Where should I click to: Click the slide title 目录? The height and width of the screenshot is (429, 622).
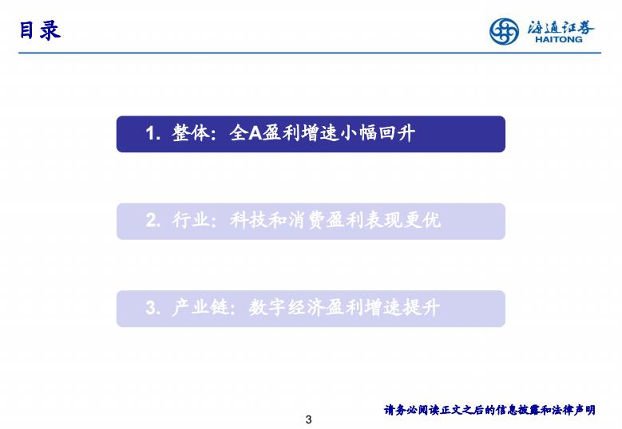pos(40,30)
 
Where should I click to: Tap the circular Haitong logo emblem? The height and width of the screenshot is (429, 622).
pos(504,31)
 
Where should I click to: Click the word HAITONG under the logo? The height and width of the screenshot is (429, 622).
pos(559,39)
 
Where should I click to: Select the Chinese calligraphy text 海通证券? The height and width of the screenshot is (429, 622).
pos(561,27)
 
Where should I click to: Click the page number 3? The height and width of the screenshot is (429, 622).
pos(309,419)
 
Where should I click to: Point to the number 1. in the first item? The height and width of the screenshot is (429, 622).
pos(153,133)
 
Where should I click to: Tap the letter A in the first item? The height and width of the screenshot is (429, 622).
pos(255,133)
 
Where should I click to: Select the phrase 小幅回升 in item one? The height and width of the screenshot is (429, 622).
pos(377,133)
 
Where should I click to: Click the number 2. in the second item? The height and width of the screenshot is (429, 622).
pos(153,221)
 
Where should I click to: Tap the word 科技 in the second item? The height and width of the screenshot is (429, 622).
pos(249,220)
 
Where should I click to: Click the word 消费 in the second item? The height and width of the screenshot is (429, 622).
pos(307,220)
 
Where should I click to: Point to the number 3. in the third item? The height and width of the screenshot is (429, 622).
pos(153,308)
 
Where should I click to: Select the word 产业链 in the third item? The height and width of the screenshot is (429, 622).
pos(200,307)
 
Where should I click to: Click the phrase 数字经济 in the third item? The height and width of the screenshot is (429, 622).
pos(287,307)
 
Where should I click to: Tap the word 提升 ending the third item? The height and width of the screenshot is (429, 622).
pos(422,307)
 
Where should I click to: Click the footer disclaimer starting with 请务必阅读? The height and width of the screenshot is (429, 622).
pos(489,410)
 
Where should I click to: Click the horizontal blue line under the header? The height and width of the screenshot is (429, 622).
pos(310,53)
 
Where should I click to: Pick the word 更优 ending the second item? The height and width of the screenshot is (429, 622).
pos(422,220)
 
